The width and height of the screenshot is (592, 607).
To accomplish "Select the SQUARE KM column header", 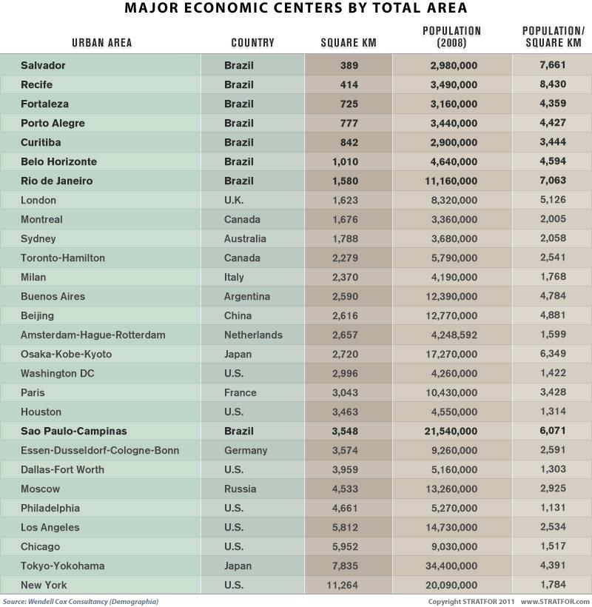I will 349,43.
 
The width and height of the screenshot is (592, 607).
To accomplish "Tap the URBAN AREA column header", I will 101,43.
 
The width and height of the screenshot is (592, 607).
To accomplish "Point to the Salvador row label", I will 43,65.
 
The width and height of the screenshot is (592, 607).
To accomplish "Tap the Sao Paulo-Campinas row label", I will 73,431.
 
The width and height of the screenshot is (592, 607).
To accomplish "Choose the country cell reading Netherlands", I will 253,335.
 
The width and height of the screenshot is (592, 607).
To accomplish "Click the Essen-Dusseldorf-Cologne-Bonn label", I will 99,450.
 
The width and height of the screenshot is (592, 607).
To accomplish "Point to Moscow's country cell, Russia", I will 240,489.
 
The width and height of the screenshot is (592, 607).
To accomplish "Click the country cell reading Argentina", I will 246,296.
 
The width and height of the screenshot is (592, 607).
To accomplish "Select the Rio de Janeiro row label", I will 57,181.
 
